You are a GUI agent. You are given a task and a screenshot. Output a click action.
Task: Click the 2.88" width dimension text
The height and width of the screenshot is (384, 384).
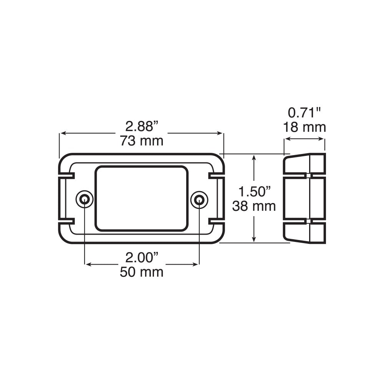142,126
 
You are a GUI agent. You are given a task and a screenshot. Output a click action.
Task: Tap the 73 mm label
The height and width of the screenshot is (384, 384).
142,141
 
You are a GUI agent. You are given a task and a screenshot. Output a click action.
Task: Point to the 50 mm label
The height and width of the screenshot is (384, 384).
142,272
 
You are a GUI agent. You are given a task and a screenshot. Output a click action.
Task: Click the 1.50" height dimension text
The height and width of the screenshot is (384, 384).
254,191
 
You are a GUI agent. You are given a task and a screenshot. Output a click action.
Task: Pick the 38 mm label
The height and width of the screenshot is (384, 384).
254,206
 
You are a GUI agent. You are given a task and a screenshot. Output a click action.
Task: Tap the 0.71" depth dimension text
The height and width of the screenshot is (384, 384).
304,113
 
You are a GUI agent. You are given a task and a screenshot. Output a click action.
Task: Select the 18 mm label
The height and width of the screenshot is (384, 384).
304,127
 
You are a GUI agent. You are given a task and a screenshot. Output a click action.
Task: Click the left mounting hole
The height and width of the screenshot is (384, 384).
84,199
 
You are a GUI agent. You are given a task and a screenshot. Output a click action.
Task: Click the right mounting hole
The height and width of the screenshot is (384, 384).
199,199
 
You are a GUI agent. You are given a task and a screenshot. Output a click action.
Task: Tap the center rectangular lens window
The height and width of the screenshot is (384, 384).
142,198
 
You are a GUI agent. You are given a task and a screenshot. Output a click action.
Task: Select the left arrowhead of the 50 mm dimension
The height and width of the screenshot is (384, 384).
87,264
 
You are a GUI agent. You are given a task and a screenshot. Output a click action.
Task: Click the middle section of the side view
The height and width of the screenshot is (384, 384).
304,198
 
